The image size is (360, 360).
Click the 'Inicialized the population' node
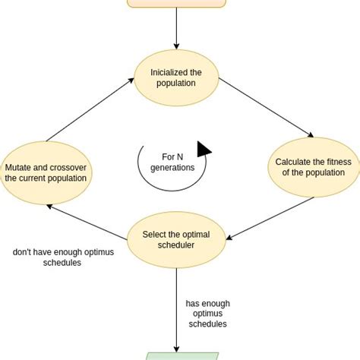(x=175, y=77)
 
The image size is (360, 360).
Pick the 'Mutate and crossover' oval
(x=46, y=173)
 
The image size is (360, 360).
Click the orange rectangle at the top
(x=176, y=3)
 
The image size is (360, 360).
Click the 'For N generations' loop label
(x=172, y=163)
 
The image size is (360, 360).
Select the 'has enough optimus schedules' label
(x=207, y=314)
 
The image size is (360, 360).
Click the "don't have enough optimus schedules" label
(x=63, y=257)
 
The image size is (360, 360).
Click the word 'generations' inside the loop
(x=172, y=168)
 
